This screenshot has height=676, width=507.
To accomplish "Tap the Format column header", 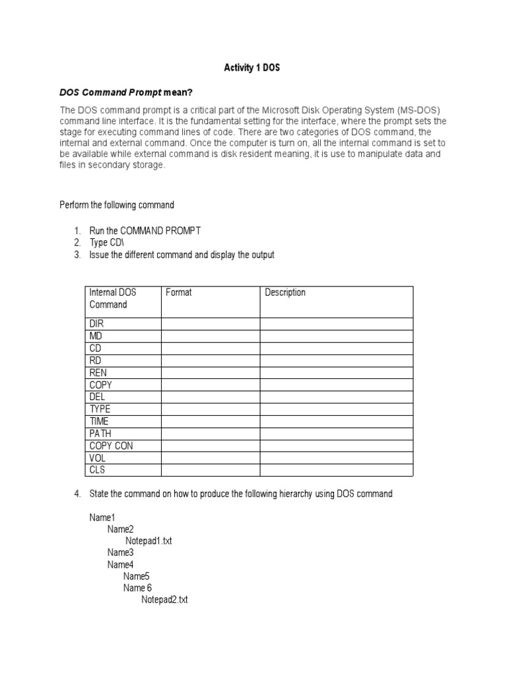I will [178, 292].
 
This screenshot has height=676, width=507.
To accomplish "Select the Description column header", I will [285, 292].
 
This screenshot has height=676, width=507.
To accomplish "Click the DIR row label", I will [96, 324].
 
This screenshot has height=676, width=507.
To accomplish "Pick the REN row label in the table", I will [98, 372].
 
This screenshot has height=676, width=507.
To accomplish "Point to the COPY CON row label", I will [111, 446].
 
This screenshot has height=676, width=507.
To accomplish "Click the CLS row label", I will [97, 470].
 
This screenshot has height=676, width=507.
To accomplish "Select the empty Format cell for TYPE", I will [210, 409].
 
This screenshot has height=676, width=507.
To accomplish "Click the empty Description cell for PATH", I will [336, 434].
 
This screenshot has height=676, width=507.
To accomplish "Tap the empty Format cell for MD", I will [210, 336].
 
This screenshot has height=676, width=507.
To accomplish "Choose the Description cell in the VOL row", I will [336, 458].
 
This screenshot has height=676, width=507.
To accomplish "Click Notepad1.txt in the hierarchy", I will [149, 541].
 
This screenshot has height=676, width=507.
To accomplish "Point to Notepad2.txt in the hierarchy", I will [164, 600].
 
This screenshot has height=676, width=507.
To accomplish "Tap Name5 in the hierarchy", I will [137, 576].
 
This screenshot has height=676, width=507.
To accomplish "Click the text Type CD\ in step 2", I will [103, 243].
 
